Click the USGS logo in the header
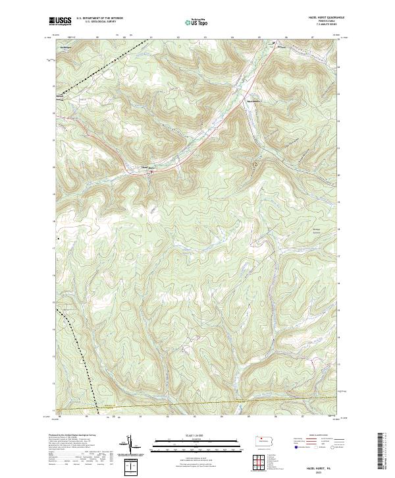(60, 21)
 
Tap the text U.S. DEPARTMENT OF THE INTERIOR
(99, 18)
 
